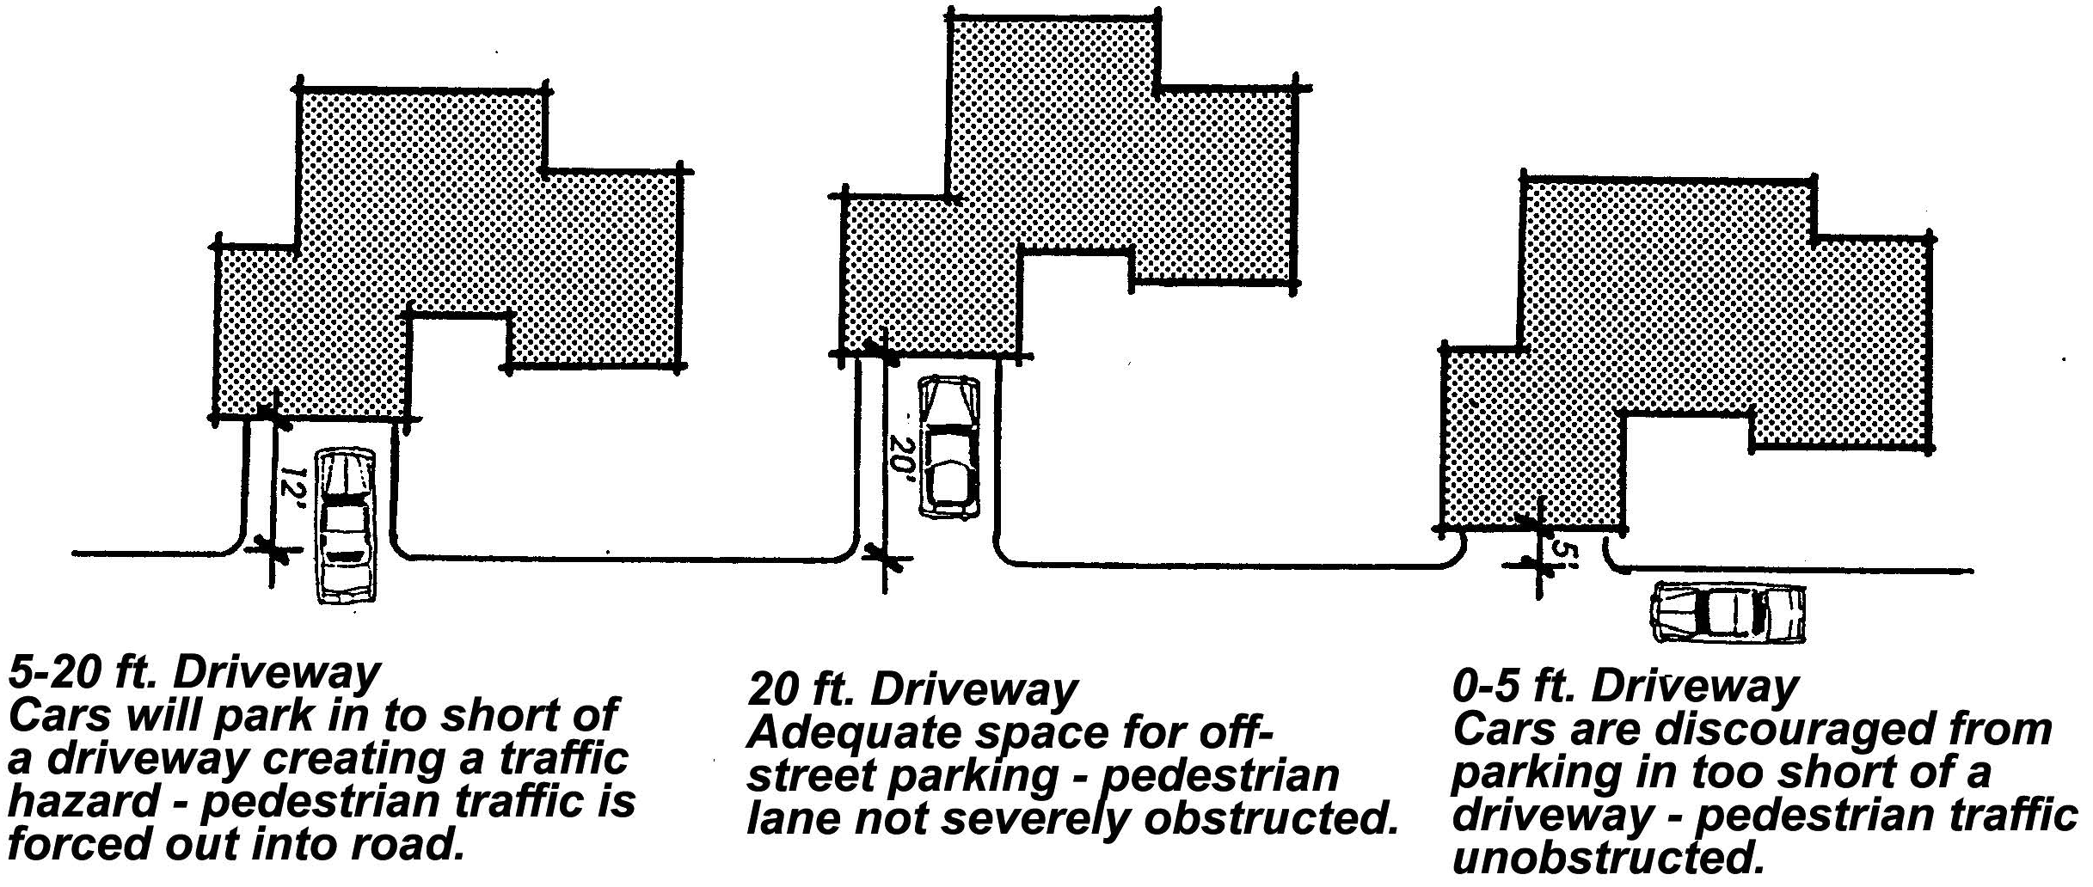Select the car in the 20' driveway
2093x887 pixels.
click(x=949, y=447)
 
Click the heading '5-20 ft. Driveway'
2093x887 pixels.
click(x=193, y=673)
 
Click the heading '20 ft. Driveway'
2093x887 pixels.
click(x=912, y=689)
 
